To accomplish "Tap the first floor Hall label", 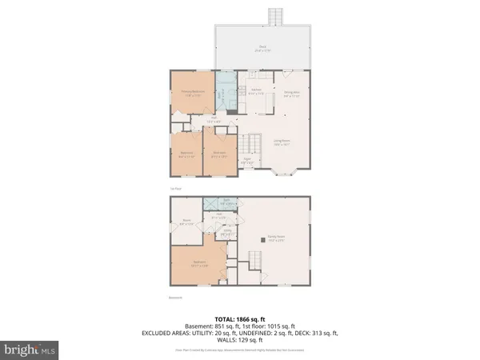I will [x=214, y=120].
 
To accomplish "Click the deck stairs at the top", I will [x=275, y=17].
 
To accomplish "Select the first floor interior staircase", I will [x=255, y=145].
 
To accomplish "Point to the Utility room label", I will [x=226, y=232].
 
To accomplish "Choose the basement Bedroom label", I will [x=200, y=262].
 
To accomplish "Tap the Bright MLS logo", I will [x=30, y=350].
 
